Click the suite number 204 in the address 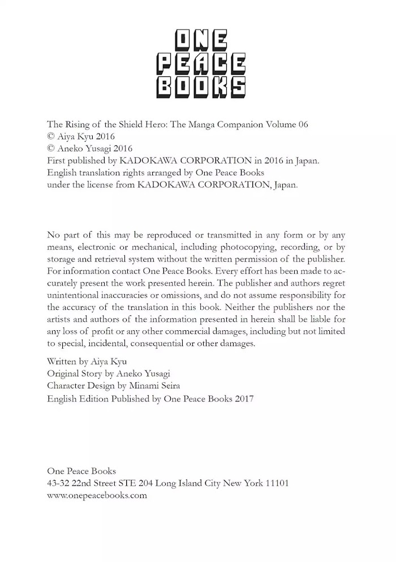click(145, 483)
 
